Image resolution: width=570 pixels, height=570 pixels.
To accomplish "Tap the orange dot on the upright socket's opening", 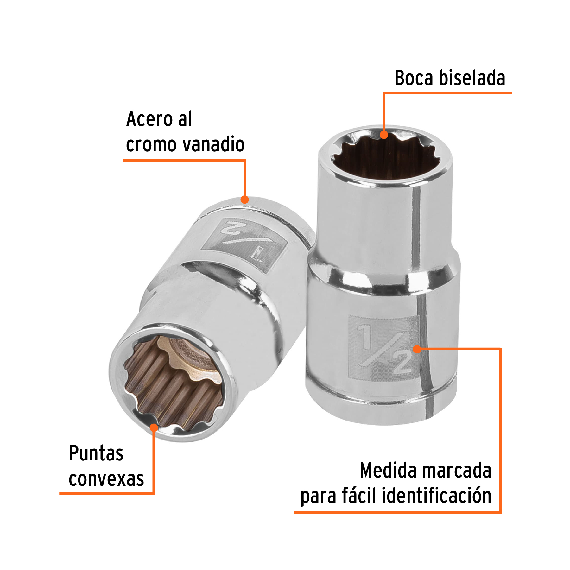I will (384, 135).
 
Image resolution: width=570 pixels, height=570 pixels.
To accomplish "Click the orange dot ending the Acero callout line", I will (244, 199).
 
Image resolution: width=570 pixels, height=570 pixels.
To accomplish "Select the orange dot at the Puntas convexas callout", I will (154, 427).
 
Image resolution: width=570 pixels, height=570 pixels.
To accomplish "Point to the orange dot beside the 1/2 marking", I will (417, 349).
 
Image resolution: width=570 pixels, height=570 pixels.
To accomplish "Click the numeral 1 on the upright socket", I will (366, 336).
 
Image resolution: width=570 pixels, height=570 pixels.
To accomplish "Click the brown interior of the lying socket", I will (171, 389).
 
